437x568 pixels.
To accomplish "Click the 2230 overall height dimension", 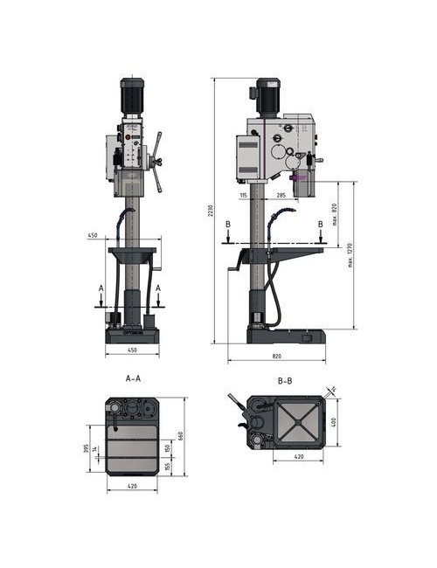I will click(211, 212).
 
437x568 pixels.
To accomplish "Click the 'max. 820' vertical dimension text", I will click(336, 213).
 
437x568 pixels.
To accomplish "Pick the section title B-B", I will click(286, 381).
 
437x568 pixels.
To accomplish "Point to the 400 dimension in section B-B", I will click(333, 423).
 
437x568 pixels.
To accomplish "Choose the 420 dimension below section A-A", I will click(131, 485).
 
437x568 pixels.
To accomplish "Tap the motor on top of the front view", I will click(132, 94).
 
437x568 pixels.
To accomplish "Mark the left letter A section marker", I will click(101, 287).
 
